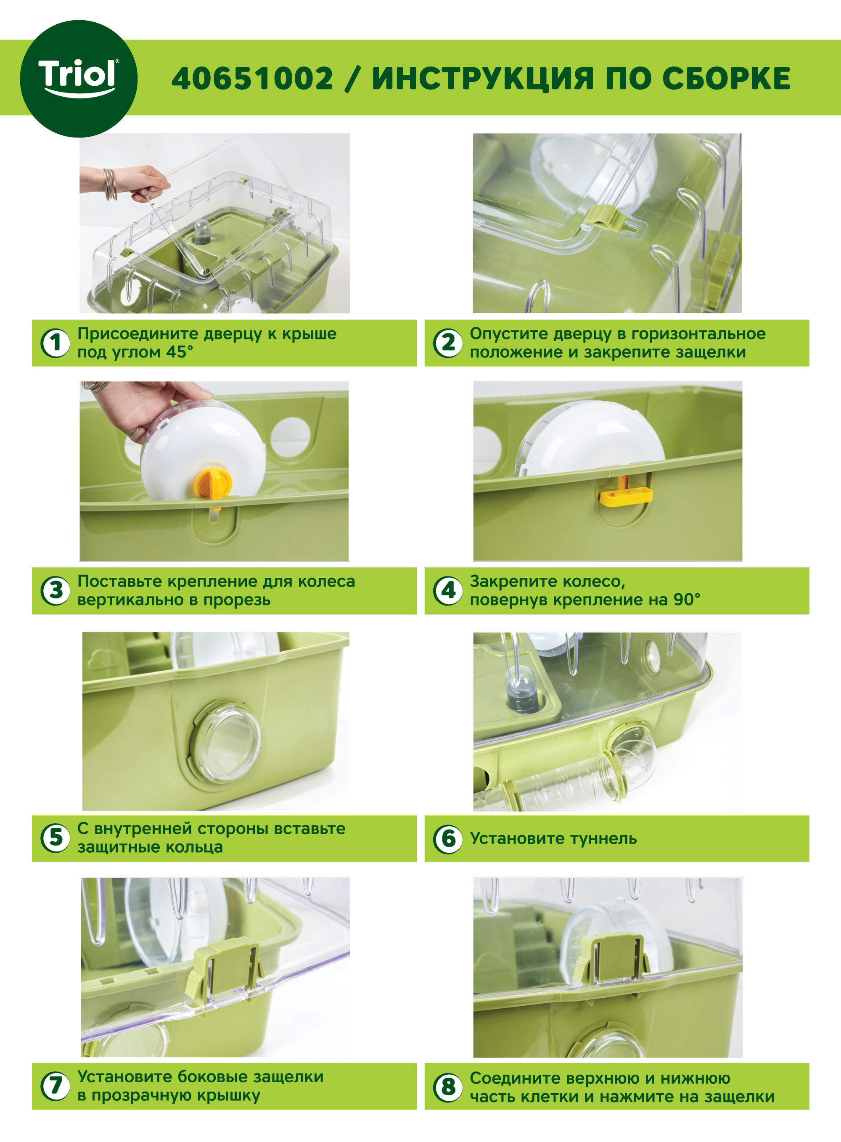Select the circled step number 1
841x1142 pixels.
click(x=56, y=343)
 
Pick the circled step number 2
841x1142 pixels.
click(x=448, y=343)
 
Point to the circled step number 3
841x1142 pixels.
click(x=56, y=590)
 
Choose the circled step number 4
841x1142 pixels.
click(x=448, y=590)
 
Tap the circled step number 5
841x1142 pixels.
click(x=56, y=838)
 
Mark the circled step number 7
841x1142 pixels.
click(x=56, y=1086)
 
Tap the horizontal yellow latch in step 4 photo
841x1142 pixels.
click(x=626, y=496)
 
